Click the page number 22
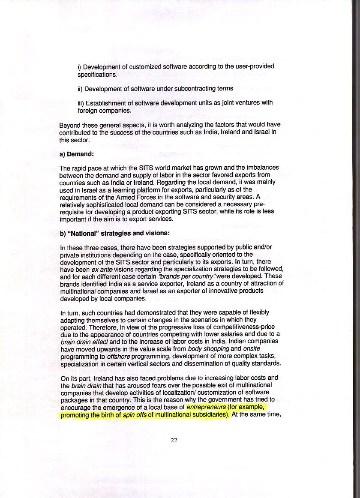174,440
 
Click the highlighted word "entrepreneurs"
206,407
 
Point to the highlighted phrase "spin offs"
135,414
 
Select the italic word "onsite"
252,349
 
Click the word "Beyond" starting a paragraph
69,125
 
